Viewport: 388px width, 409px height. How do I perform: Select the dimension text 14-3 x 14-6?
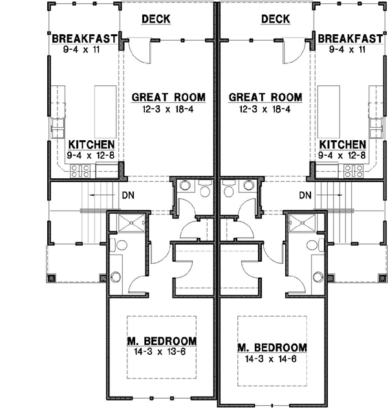click(x=272, y=358)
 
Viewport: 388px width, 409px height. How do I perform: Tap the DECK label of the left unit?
click(x=156, y=19)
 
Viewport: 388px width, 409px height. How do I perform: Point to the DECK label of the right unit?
click(x=275, y=19)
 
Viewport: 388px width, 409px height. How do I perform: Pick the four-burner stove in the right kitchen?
click(x=353, y=171)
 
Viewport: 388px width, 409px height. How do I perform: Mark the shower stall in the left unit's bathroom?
click(x=120, y=224)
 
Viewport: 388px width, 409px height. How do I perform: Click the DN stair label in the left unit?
click(x=127, y=194)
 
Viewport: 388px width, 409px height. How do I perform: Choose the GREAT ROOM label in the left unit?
click(x=168, y=98)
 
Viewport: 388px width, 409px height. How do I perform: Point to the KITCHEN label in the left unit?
click(x=92, y=145)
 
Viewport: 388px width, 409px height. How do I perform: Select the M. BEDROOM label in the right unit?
click(x=272, y=347)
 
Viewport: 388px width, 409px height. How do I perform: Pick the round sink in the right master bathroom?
click(x=315, y=277)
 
